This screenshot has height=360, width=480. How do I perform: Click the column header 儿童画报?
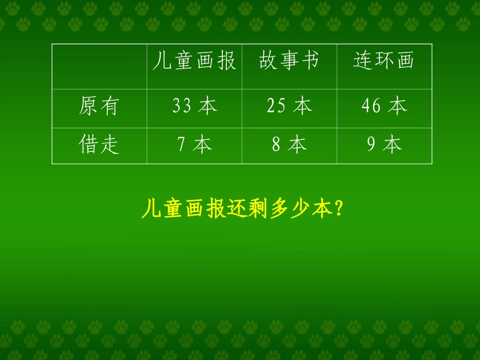point(194,61)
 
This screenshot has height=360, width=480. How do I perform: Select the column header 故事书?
point(289,61)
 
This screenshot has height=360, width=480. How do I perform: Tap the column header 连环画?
point(384,61)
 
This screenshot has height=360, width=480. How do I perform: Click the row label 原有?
point(99,107)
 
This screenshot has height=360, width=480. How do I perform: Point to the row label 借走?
point(99,145)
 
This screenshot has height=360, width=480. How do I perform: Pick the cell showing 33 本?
point(195,107)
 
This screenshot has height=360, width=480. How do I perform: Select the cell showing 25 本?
point(290,107)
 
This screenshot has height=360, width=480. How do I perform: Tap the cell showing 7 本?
point(195,145)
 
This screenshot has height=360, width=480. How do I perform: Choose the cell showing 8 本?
point(290,145)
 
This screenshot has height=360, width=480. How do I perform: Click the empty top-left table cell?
point(99,67)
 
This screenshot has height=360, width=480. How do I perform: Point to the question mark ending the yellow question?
point(339,210)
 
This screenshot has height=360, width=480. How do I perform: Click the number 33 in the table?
point(181,107)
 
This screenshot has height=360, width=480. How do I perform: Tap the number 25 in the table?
point(276,107)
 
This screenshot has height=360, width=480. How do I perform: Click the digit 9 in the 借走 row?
point(371,145)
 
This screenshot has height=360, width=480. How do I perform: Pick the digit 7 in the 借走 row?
point(181,145)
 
